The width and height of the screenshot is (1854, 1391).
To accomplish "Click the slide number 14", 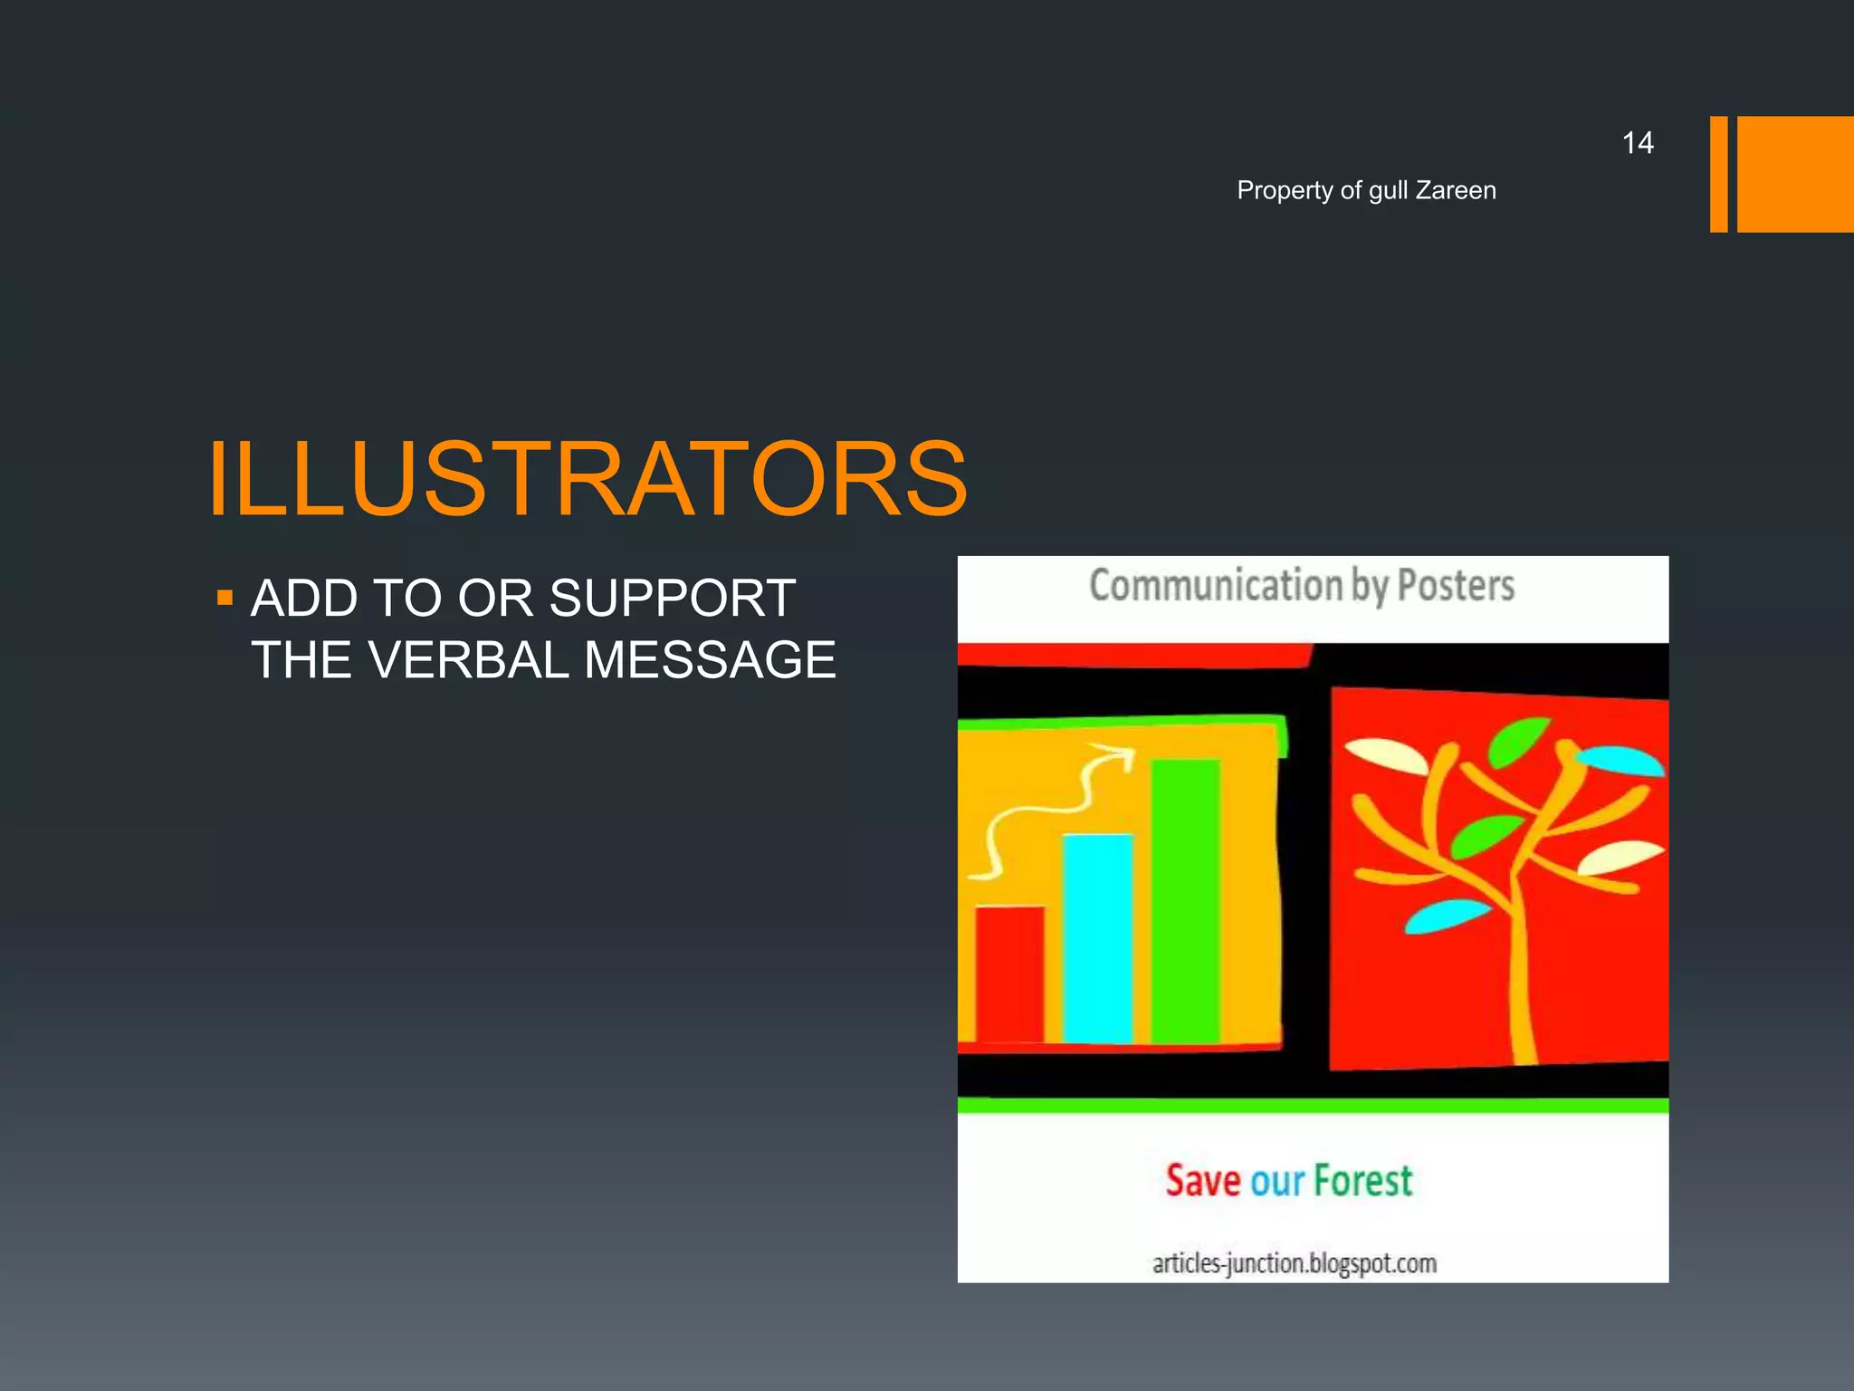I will coord(1637,143).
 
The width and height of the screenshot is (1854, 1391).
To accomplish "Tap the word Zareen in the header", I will coord(1456,190).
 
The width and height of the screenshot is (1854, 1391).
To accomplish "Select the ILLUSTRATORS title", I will coord(588,479).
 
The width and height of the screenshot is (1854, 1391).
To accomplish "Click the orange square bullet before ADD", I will coord(225,598).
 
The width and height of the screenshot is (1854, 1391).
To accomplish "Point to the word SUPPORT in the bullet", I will coord(673,599).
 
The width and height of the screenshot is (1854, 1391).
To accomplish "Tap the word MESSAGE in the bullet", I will coord(710,660).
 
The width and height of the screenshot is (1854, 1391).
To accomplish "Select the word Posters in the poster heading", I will coord(1456,586).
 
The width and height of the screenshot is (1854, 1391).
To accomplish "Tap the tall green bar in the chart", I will coord(1185,901).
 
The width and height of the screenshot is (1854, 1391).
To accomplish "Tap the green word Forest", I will coord(1362,1181).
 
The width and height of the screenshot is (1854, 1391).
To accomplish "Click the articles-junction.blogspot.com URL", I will coord(1294,1263).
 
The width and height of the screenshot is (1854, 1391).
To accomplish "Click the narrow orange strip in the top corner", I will coord(1718,174).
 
